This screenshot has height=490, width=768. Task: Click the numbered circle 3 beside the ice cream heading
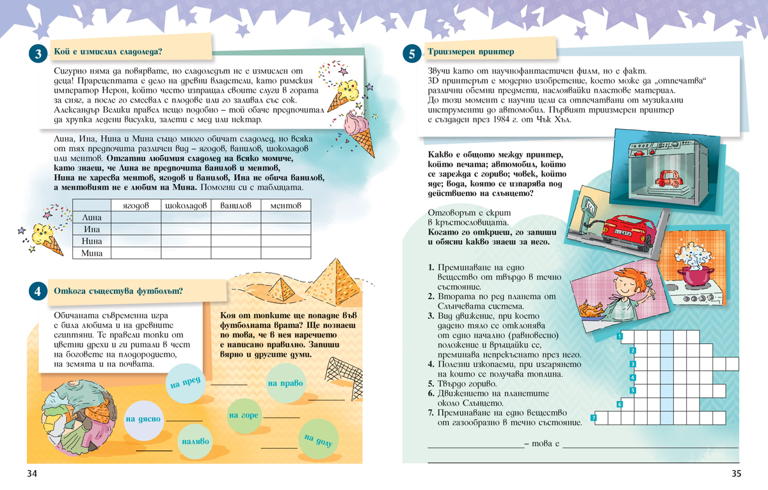(x=38, y=54)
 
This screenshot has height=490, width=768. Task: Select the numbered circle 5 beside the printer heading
(x=411, y=54)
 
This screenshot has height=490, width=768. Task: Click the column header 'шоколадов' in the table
(x=186, y=206)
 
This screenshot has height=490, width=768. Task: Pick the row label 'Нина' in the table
(x=92, y=242)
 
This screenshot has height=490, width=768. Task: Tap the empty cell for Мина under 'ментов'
(x=285, y=254)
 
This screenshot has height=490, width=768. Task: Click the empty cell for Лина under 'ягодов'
(x=136, y=218)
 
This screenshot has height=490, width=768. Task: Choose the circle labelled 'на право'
(x=285, y=384)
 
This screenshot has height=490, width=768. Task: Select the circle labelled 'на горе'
(x=243, y=415)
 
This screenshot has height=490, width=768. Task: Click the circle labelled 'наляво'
(x=195, y=442)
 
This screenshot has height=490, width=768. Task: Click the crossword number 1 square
(x=620, y=336)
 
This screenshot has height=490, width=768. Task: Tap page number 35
(x=735, y=474)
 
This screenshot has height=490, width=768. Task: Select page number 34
(x=33, y=474)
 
